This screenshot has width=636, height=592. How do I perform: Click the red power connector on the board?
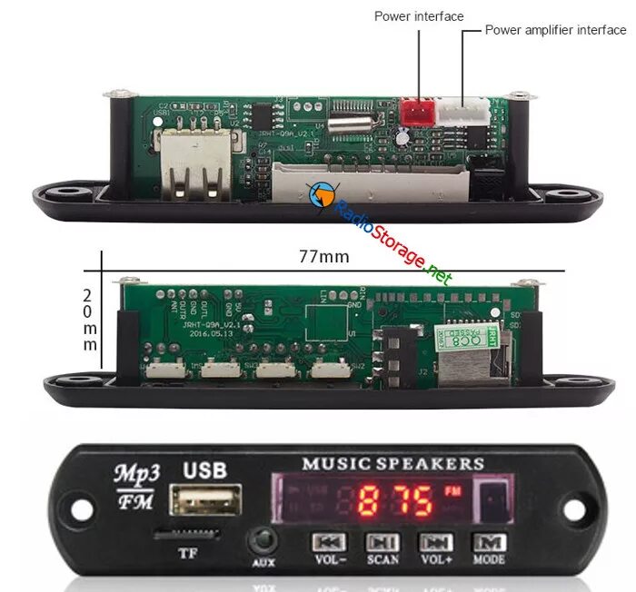pos(418,113)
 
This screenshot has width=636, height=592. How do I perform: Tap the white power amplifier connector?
pos(462,112)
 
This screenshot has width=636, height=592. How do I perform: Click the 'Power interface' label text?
pos(419,16)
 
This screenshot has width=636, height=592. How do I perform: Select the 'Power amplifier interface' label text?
pos(555,30)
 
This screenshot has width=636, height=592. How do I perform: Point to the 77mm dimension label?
pos(323,257)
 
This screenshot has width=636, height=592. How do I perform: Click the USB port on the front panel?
pos(211,499)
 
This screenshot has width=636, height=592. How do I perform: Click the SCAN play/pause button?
pos(383,542)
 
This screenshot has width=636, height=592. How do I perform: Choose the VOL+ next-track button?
pos(435,542)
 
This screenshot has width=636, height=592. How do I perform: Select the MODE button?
pos(489,542)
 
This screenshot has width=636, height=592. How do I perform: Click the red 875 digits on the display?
pos(394,500)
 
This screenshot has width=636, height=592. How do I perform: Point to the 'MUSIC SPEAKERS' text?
pos(393,464)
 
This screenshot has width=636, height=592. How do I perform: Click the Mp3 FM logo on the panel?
pos(135,486)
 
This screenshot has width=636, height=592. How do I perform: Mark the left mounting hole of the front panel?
pos(79,508)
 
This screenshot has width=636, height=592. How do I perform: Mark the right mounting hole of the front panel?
pos(573,509)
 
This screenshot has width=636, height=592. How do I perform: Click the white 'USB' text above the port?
pos(205,470)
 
